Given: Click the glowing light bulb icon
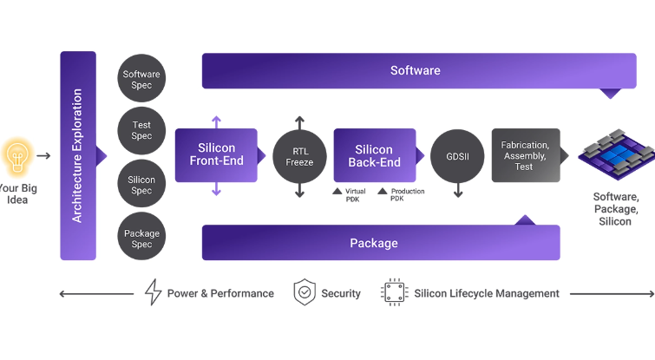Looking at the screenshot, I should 16,155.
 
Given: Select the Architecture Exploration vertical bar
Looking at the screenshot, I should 77,155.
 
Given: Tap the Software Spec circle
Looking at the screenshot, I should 141,80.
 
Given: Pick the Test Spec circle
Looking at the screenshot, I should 141,130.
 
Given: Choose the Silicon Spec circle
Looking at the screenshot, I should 141,185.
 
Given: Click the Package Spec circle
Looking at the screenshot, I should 141,238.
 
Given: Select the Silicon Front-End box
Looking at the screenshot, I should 216,155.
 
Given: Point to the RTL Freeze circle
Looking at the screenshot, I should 299,155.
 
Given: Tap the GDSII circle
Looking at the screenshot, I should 458,155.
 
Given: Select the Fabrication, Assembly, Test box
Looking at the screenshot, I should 525,155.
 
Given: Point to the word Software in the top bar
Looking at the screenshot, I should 415,70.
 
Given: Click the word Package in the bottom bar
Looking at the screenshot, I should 374,243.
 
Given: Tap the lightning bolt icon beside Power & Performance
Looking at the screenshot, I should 154,292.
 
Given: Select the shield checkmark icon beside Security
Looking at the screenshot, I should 304,292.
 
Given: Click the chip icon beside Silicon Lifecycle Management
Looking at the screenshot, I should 395,292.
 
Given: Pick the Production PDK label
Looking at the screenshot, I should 404,194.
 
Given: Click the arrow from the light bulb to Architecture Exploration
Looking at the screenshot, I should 43,156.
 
